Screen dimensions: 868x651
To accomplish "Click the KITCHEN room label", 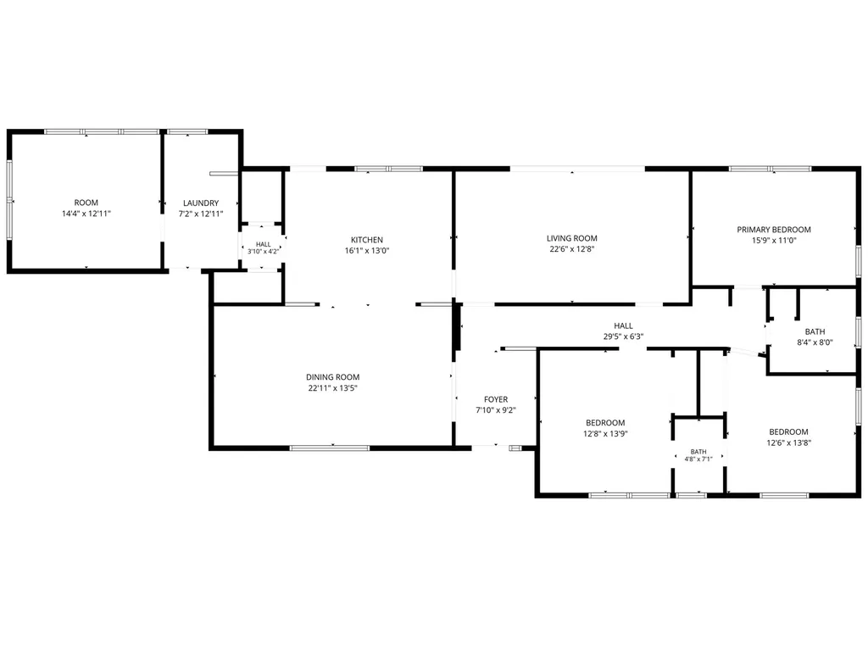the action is tap(366, 240).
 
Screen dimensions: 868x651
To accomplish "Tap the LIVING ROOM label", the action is tap(572, 238).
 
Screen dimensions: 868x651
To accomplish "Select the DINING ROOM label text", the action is tap(332, 377).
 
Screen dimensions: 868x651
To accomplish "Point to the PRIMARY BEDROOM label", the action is tap(773, 229).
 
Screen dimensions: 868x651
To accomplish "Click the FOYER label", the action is tap(495, 399).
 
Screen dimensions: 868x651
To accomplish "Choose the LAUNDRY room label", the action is tap(201, 203).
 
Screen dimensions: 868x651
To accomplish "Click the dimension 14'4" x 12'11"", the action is tap(86, 213).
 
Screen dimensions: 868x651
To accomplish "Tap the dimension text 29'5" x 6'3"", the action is tap(623, 336).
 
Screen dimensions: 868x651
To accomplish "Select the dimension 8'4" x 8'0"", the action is tap(815, 342).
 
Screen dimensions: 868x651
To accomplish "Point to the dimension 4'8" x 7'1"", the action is tap(698, 459).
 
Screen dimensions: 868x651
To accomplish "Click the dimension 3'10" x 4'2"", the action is tap(264, 251).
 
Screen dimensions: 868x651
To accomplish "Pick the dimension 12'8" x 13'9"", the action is tap(605, 433).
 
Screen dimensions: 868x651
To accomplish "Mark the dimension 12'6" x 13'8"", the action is tap(789, 442).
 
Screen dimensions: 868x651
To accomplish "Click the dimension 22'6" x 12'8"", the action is tap(572, 248).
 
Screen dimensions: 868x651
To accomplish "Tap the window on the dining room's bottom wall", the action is tap(330, 448).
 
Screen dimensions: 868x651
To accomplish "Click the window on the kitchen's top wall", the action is tap(388, 169).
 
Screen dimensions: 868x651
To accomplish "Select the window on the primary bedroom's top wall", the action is tap(770, 169).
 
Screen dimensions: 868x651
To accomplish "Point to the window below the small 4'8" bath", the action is tap(692, 495).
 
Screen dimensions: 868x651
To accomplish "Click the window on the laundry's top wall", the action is tap(187, 131).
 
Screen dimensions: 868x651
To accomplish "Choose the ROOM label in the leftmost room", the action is tap(86, 203).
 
